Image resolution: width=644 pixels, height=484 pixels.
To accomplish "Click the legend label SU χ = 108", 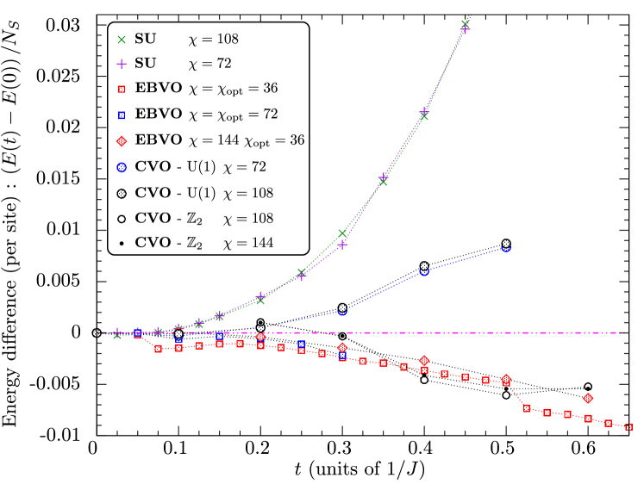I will point(186,40).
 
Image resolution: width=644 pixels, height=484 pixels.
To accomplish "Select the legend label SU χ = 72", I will point(183,64).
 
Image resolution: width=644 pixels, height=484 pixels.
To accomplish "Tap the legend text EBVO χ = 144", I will point(220,140).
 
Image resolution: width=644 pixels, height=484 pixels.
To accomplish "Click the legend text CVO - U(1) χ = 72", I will point(203,166).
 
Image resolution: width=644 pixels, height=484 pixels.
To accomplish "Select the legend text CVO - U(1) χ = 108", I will point(207,193).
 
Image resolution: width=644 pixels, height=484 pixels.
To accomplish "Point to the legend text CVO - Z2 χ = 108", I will point(203,219).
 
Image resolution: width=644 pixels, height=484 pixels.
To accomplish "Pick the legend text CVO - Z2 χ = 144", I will point(203,244).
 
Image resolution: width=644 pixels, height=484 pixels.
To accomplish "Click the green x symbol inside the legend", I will point(122,40).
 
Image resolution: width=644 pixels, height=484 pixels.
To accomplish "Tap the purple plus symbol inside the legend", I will point(122,64).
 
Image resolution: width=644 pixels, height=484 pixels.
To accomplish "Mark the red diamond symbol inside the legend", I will point(122,140).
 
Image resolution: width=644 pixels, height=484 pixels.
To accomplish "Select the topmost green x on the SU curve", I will point(466,22).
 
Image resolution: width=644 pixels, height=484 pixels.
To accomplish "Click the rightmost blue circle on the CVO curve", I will point(506,247).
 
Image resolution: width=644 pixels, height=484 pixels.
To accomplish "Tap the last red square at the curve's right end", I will point(628,427).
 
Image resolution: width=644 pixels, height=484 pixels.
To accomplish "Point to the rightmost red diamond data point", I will point(588,398).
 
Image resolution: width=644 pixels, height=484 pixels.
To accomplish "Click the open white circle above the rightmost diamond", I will point(588,387).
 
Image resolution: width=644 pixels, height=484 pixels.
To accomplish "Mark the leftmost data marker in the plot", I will point(97,332).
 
